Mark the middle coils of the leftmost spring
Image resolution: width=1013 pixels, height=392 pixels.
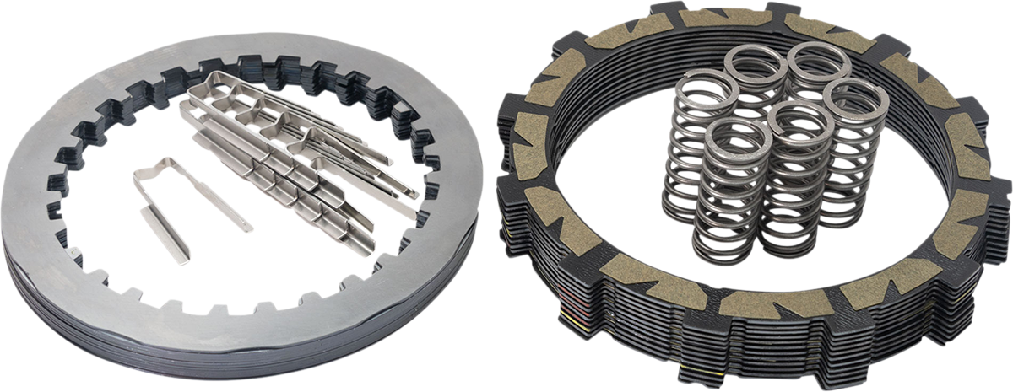click(688, 152)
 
